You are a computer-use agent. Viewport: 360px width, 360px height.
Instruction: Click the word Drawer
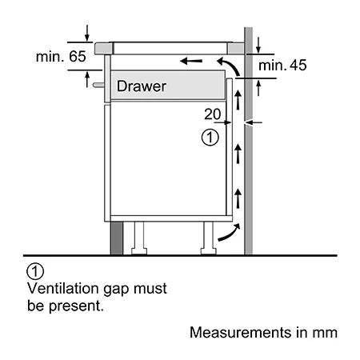pos(142,86)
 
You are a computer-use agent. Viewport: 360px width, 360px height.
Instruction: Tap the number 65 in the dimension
pos(78,57)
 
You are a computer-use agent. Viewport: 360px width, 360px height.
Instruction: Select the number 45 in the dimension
pos(298,66)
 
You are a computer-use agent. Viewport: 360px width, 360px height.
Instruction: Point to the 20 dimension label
pos(213,114)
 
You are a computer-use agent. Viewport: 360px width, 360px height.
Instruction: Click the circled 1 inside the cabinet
pos(210,138)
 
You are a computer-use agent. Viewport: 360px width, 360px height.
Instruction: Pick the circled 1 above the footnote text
pos(35,271)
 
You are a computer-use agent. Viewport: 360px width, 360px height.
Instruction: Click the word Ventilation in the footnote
pos(63,289)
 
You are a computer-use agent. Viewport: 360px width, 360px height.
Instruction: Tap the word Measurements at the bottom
pos(241,333)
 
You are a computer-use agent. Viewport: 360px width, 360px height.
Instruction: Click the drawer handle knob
pos(98,85)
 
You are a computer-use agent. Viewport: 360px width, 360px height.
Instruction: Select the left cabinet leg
pos(139,238)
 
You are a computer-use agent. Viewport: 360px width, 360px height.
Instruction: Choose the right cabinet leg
pos(208,238)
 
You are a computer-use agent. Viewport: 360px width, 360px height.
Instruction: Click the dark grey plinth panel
pos(117,238)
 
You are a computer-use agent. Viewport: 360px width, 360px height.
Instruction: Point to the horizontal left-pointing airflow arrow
pos(191,61)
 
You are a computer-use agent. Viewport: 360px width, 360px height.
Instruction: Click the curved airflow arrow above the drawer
pos(231,65)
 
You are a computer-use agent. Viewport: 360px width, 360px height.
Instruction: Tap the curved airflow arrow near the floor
pos(230,233)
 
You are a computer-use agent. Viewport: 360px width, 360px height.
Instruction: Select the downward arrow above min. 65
pos(87,33)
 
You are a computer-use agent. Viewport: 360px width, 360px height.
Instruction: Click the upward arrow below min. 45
pos(258,88)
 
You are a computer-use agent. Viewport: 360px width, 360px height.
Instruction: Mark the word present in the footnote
pos(75,306)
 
